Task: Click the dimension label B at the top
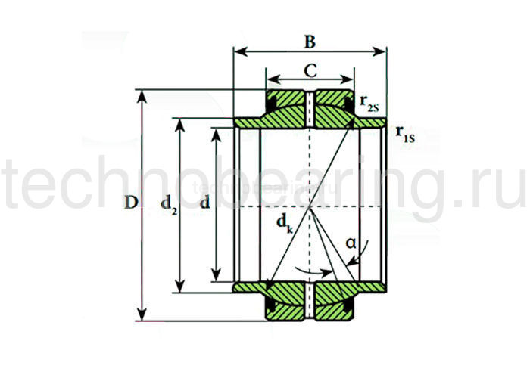[310, 42]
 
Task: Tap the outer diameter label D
[130, 203]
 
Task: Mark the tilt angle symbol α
[350, 243]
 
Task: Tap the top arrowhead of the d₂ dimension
[179, 122]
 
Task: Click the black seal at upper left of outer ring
[271, 101]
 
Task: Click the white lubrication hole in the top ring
[310, 109]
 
